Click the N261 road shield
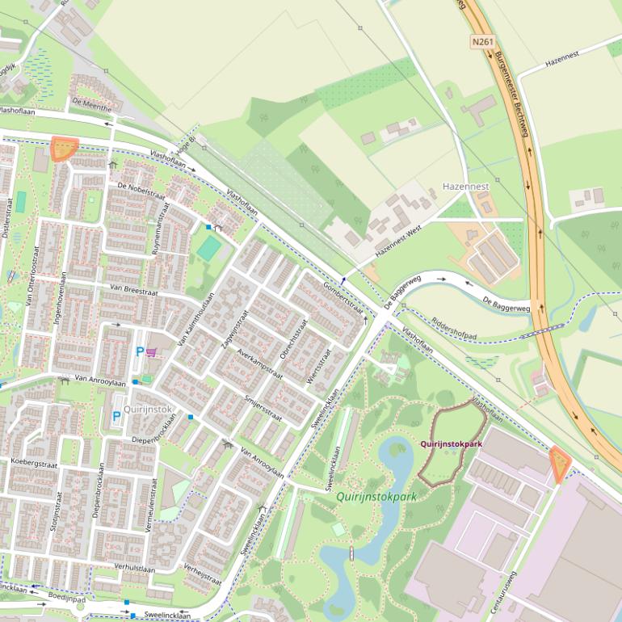pos(482,40)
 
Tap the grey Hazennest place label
pos(466,187)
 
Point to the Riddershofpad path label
pos(455,326)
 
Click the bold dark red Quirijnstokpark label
pos(451,444)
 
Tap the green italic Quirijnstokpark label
pos(376,497)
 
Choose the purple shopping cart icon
pos(152,351)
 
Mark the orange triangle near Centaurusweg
pos(558,463)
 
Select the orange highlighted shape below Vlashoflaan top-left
pos(63,149)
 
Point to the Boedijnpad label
pos(66,599)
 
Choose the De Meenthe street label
pos(91,106)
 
